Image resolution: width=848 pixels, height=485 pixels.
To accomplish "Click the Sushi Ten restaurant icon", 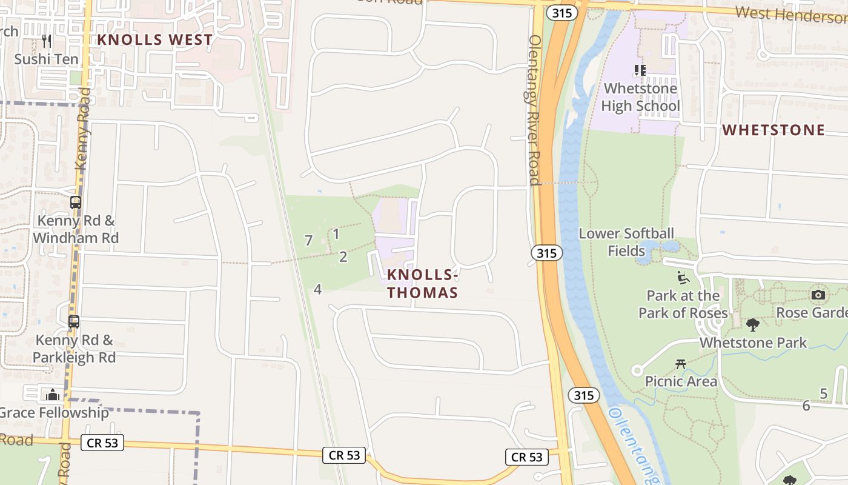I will [47, 41].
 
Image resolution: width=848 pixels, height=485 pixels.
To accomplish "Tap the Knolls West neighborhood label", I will [155, 40].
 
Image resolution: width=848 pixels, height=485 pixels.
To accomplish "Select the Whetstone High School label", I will [640, 97].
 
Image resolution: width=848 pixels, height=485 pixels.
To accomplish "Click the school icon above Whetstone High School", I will [640, 70].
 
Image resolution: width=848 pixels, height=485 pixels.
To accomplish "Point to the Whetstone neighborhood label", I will [773, 130].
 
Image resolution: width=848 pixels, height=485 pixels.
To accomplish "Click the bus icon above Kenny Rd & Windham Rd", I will [76, 202].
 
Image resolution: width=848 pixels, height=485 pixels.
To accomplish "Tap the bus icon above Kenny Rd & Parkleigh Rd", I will [74, 322].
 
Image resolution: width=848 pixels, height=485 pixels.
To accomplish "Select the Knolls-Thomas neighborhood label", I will [422, 283].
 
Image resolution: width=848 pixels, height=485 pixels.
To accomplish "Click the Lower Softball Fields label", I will [626, 242].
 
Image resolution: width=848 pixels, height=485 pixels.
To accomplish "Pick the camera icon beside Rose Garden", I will [818, 295].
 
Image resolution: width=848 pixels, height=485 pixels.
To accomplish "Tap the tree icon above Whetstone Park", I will [753, 325].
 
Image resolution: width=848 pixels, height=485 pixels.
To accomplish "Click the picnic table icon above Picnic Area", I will [681, 364].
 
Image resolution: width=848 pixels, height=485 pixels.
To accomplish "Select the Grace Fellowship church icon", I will [53, 395].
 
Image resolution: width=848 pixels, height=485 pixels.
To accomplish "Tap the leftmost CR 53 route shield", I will [102, 443].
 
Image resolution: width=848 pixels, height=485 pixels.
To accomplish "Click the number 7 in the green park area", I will [308, 241].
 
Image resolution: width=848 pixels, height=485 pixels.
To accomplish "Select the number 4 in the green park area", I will [317, 290].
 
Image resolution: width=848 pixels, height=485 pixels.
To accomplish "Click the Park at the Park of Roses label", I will [683, 304].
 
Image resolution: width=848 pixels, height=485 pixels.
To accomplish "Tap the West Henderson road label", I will [790, 15].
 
